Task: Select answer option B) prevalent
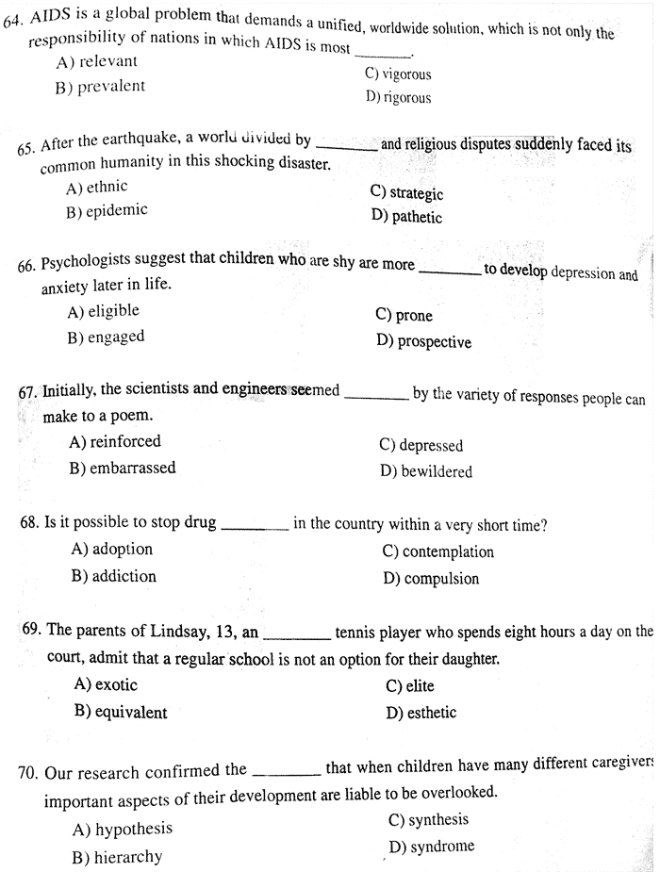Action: pyautogui.click(x=100, y=87)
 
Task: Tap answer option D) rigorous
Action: pyautogui.click(x=398, y=97)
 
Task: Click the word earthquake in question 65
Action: pyautogui.click(x=140, y=140)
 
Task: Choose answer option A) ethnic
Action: pyautogui.click(x=96, y=188)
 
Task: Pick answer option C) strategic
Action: pyautogui.click(x=406, y=193)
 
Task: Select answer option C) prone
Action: pyautogui.click(x=404, y=316)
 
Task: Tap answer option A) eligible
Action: pyautogui.click(x=103, y=311)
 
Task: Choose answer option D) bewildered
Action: pyautogui.click(x=426, y=471)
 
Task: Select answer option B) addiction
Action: pyautogui.click(x=113, y=576)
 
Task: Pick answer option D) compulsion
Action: pyautogui.click(x=431, y=579)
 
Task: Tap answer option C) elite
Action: pyautogui.click(x=410, y=686)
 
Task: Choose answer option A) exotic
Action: pyautogui.click(x=106, y=685)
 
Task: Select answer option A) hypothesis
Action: pyautogui.click(x=123, y=830)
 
